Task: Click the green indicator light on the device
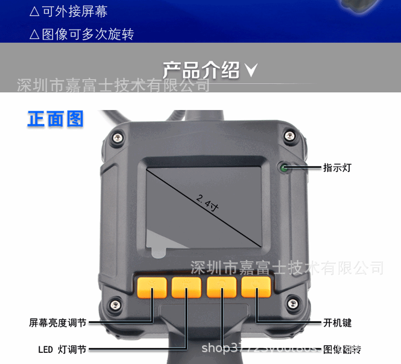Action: (283, 167)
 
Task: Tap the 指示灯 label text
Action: (337, 168)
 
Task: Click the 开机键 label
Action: (337, 322)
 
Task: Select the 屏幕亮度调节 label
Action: (57, 322)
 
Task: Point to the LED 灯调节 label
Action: (62, 349)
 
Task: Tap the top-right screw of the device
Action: (289, 136)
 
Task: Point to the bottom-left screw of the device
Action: (116, 305)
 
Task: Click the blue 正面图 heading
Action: (55, 119)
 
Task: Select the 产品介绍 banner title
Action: (201, 70)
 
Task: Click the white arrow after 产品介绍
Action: (251, 71)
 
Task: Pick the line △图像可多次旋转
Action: (82, 35)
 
